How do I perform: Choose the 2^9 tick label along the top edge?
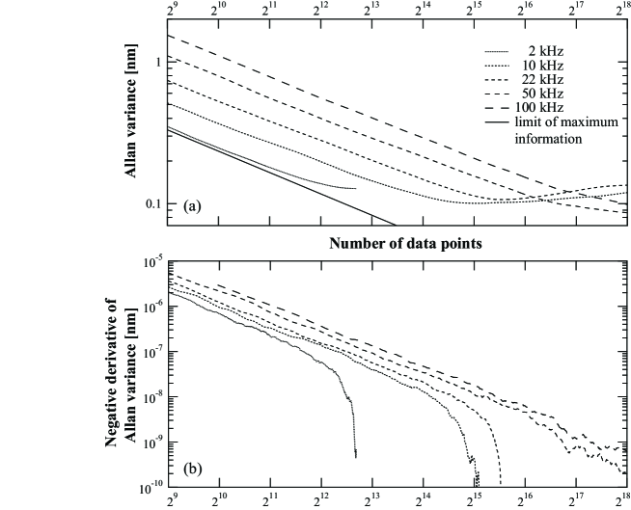[x=173, y=11]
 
